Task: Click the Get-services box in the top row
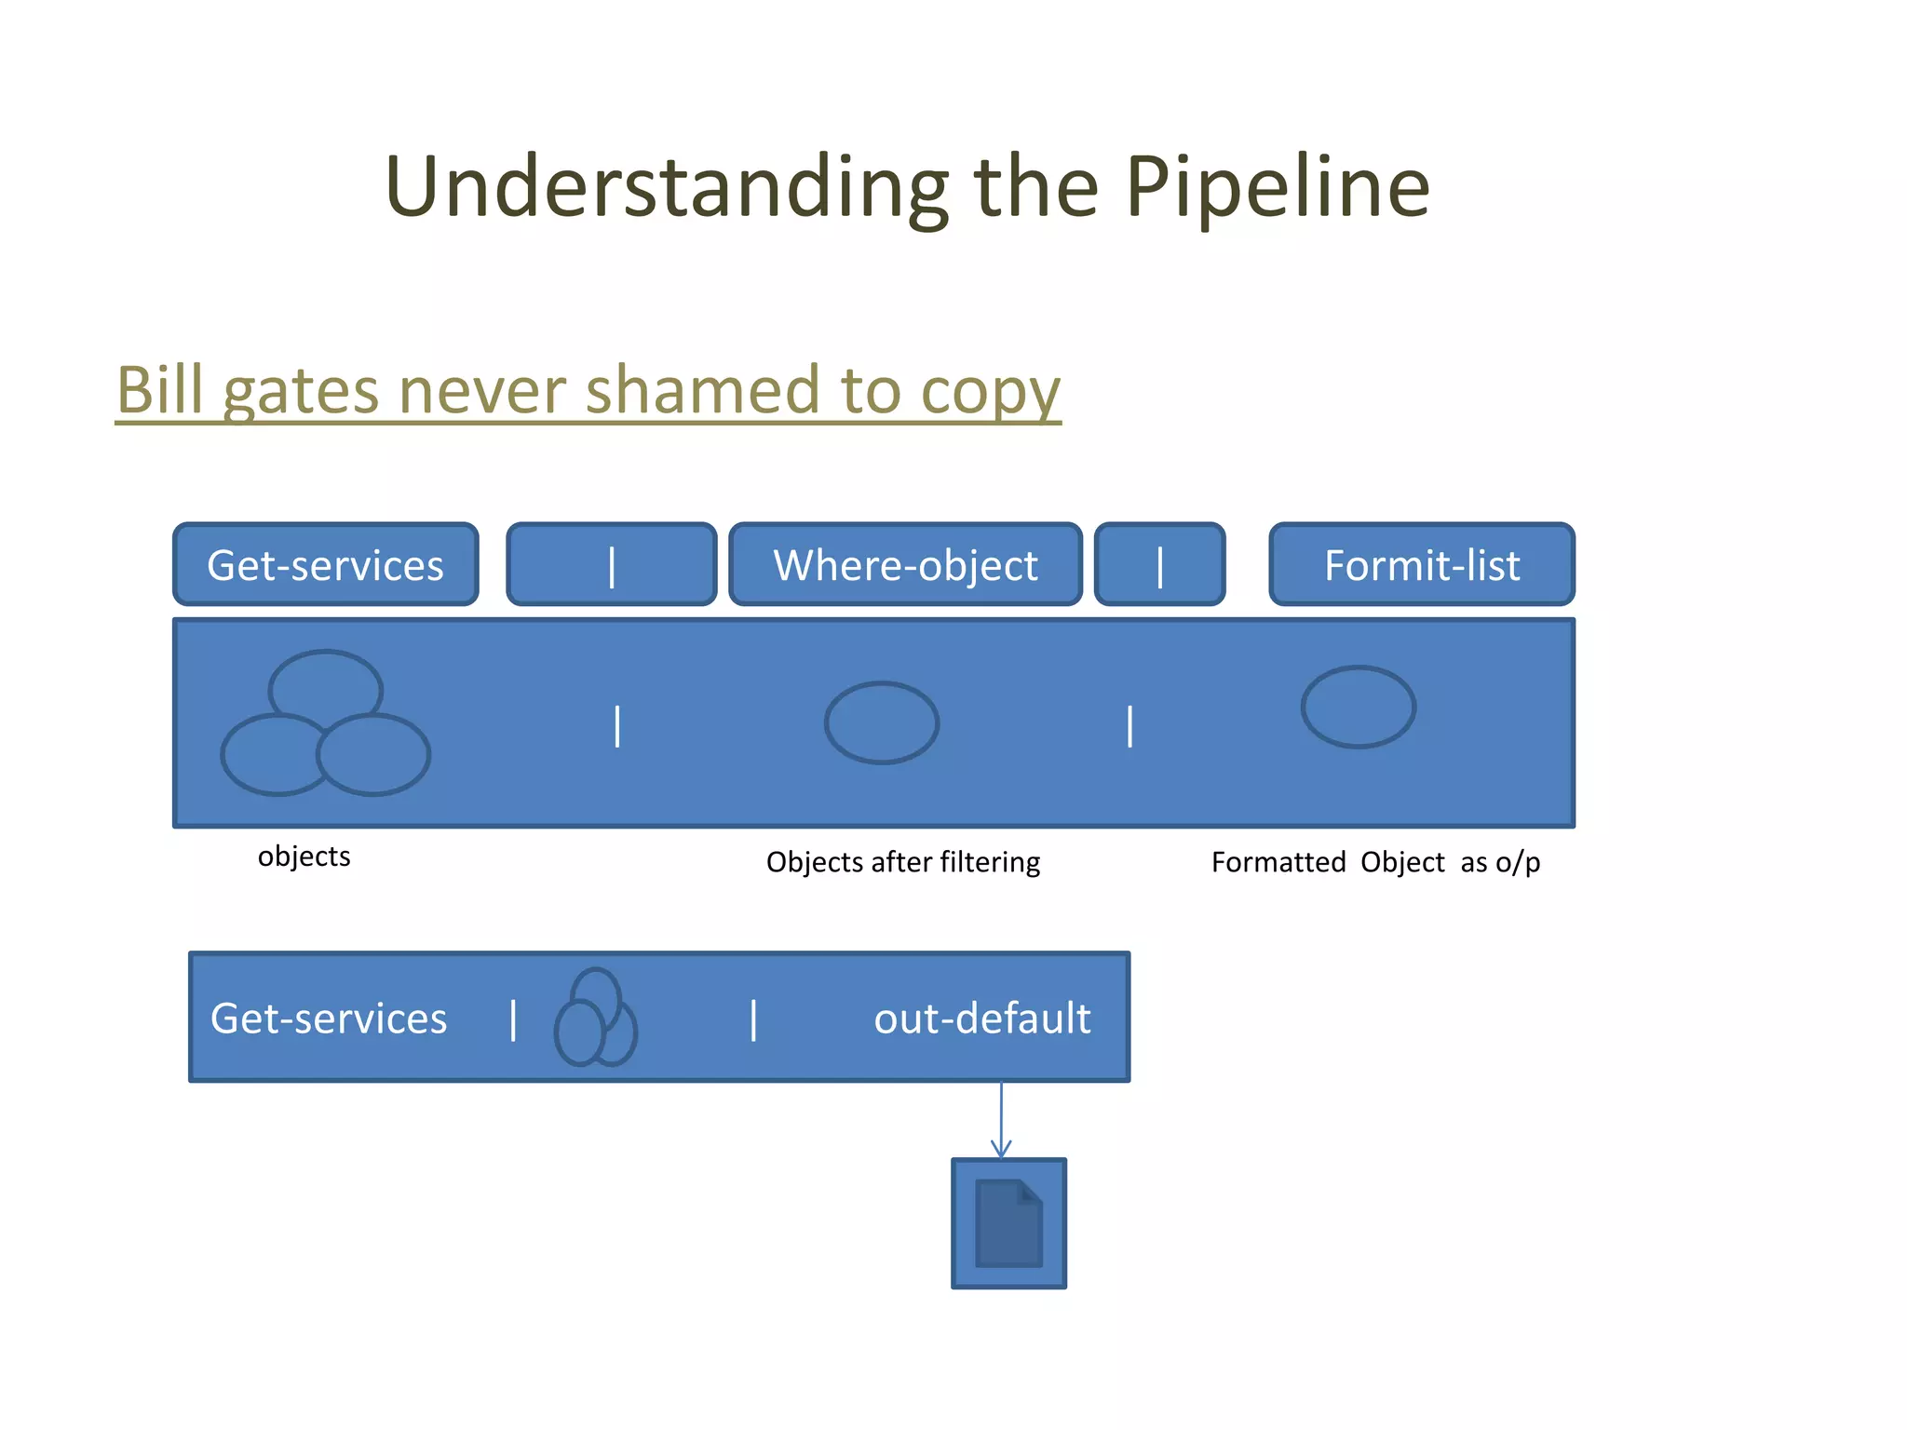tap(326, 565)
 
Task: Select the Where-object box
tap(905, 565)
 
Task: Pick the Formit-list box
tap(1422, 565)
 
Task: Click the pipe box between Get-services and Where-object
tap(612, 565)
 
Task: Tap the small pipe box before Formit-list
tap(1159, 565)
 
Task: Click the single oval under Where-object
tap(882, 723)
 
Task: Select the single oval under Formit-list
tap(1359, 708)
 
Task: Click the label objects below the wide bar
tap(304, 857)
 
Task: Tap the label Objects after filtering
tap(902, 862)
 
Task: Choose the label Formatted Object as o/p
tap(1375, 862)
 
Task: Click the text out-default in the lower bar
tap(981, 1018)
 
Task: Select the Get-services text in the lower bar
tap(329, 1018)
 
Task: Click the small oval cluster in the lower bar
tap(595, 1019)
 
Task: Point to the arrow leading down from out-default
tap(1001, 1120)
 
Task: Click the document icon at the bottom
tap(1008, 1223)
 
